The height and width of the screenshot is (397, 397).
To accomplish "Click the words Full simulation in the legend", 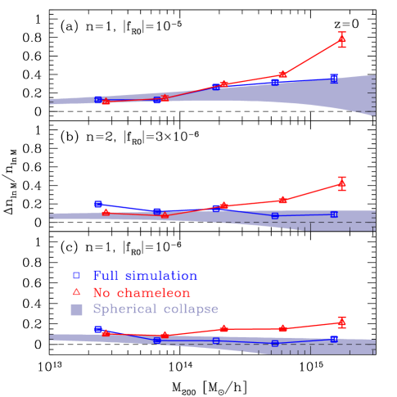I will coord(145,276).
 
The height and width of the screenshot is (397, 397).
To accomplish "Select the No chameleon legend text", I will coord(142,292).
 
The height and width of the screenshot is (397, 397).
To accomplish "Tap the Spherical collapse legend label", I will coord(156,309).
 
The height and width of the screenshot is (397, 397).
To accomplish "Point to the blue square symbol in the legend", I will coord(76,276).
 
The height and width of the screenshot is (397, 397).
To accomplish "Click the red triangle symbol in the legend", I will coord(76,292).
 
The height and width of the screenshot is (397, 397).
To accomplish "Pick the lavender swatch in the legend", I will coord(76,309).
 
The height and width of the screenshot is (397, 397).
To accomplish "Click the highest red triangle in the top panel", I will coord(341,39).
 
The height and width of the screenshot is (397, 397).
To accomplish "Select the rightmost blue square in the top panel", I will coord(334,78).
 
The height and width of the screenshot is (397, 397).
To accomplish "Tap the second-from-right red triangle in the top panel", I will coord(282,74).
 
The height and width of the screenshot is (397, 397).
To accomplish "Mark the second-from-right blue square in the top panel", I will coord(275,82).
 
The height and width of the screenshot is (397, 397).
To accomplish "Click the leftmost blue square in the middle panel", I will coord(98,204).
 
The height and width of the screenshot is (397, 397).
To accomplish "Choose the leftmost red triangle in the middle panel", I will coord(106,212).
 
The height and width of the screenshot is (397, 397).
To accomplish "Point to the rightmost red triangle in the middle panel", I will coord(341,184).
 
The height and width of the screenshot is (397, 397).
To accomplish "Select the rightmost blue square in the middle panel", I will coord(334,214).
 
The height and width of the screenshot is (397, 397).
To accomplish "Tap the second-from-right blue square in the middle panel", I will coord(275,215).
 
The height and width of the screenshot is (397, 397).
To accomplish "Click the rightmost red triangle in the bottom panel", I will coord(341,322).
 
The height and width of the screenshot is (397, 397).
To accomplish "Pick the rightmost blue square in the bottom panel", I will coord(334,338).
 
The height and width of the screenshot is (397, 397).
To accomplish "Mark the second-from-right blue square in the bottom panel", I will coord(275,343).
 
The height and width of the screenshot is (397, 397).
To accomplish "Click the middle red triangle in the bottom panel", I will coord(223,329).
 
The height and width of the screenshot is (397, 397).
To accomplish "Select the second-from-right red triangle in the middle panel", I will coord(282,200).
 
